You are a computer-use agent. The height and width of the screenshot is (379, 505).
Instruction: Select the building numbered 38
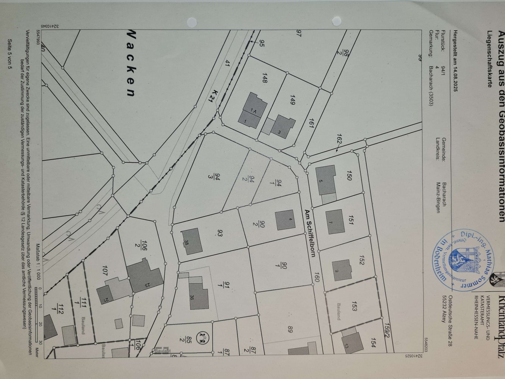pos(191,241)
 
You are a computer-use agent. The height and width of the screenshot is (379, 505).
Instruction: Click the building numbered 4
pos(285,219)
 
